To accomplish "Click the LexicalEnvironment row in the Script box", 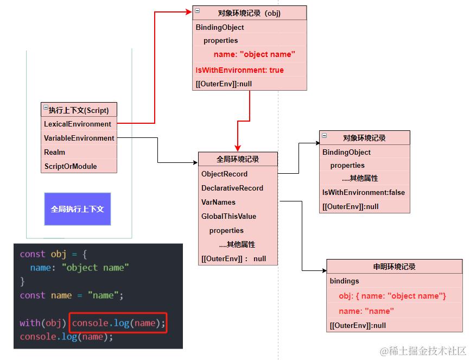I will (78, 124).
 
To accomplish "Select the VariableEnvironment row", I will (79, 138).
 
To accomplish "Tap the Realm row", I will (55, 152).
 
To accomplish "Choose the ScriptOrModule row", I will (71, 166).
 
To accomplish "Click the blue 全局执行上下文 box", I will (77, 209).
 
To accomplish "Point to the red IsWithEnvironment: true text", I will (239, 70).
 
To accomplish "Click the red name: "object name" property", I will (254, 54).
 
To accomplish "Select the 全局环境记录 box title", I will (238, 159).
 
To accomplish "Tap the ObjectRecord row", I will (224, 174).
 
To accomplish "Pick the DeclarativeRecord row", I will (232, 188).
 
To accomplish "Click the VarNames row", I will (218, 202).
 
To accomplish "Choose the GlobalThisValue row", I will (228, 216).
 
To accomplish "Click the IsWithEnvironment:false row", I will (364, 192).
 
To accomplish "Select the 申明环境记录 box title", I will (394, 267).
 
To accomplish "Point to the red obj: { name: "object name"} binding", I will (392, 296).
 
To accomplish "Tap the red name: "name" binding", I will (366, 311).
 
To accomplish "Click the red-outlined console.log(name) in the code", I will (118, 323).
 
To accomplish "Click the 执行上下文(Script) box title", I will (79, 110).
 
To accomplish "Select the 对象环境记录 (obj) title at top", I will (249, 13).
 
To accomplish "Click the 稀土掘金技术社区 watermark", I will (423, 351).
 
